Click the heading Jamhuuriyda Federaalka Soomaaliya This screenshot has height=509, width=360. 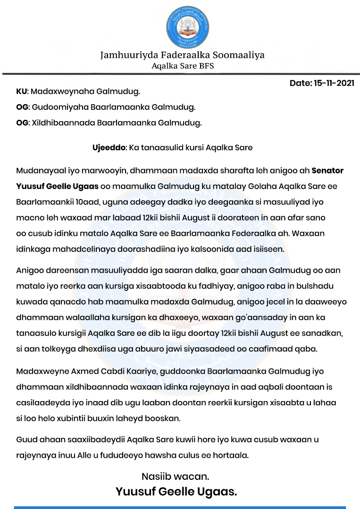coord(182,55)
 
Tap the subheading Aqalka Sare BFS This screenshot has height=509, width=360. coord(183,66)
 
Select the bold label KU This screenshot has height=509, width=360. coord(21,91)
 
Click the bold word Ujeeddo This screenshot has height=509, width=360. coord(109,148)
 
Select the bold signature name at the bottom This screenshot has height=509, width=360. coord(176,493)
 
